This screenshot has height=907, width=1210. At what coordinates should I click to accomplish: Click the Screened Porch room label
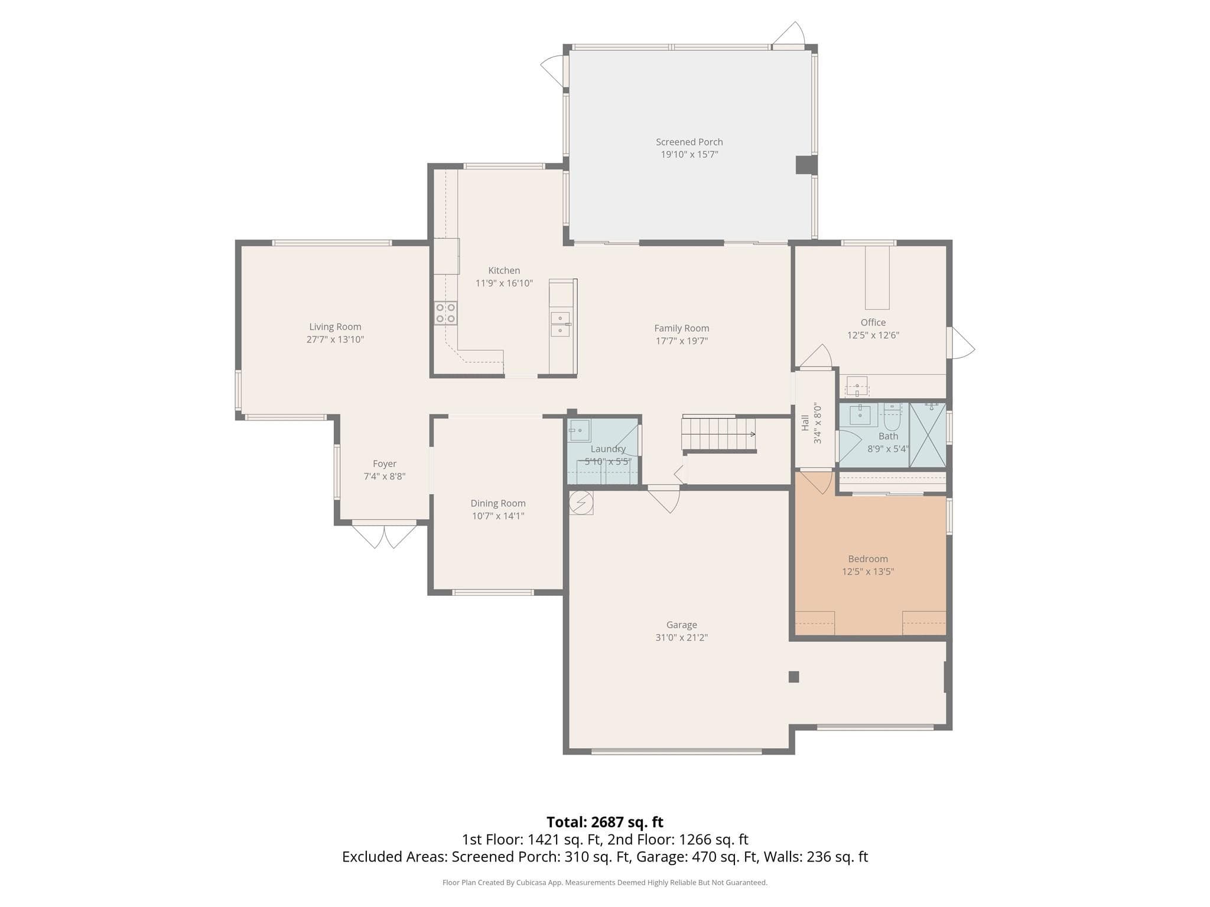pyautogui.click(x=689, y=142)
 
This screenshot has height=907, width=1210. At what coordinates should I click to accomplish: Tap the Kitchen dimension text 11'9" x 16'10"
pyautogui.click(x=504, y=283)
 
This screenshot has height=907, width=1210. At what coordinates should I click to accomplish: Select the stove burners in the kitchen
pyautogui.click(x=445, y=313)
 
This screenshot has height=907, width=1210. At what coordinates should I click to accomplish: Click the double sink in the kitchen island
pyautogui.click(x=561, y=324)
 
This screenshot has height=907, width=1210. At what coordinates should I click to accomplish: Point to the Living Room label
pyautogui.click(x=335, y=327)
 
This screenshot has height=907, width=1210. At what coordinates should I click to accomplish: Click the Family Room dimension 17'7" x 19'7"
pyautogui.click(x=682, y=341)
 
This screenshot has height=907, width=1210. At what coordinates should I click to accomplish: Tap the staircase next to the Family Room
pyautogui.click(x=719, y=434)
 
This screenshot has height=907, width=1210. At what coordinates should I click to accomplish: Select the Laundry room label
pyautogui.click(x=608, y=449)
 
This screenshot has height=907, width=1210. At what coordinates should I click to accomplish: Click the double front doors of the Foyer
pyautogui.click(x=385, y=534)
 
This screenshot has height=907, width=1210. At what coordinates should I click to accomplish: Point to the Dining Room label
pyautogui.click(x=498, y=503)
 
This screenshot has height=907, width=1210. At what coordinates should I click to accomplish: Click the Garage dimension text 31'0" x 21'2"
pyautogui.click(x=682, y=637)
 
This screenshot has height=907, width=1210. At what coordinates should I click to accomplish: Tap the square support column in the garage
pyautogui.click(x=794, y=677)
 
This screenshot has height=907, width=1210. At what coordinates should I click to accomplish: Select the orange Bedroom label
pyautogui.click(x=868, y=559)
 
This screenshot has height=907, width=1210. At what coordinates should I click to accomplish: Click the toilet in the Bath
pyautogui.click(x=892, y=417)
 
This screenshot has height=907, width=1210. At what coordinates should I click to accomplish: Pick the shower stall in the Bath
pyautogui.click(x=928, y=435)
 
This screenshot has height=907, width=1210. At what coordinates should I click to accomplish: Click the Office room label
pyautogui.click(x=873, y=322)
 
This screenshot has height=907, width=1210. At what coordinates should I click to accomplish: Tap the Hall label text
pyautogui.click(x=805, y=423)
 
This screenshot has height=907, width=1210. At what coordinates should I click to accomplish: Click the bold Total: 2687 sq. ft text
pyautogui.click(x=605, y=822)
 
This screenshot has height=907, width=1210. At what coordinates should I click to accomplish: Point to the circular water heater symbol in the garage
pyautogui.click(x=581, y=503)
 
